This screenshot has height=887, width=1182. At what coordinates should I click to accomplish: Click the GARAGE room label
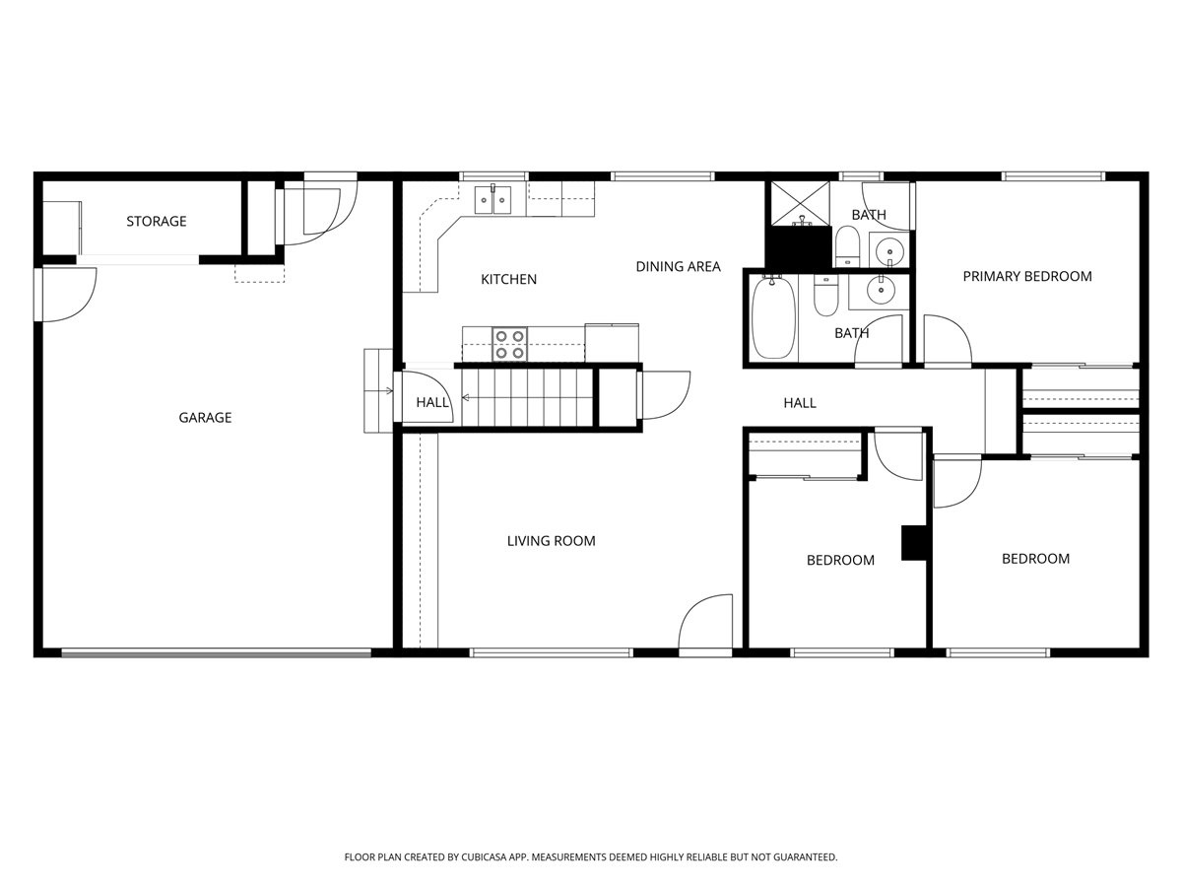pos(205,418)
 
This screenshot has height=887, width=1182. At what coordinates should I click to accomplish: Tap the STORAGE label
pos(156,222)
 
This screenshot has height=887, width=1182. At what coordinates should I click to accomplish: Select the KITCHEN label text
pos(508,280)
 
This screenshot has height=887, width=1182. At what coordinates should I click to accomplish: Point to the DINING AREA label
pos(678,267)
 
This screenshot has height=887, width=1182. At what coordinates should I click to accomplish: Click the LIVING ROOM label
pos(551,541)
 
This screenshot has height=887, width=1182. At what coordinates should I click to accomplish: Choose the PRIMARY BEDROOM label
pos(1026,277)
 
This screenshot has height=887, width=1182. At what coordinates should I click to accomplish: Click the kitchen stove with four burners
pos(509,344)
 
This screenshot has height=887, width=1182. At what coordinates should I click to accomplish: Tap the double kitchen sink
pos(492,199)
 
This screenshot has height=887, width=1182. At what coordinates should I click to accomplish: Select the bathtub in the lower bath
pos(774,318)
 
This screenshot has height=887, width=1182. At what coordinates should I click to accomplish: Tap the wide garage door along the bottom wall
pos(217,652)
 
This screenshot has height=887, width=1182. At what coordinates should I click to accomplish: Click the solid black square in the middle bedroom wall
pos(915,543)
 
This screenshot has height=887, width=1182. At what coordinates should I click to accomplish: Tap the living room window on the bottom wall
pos(551,652)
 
